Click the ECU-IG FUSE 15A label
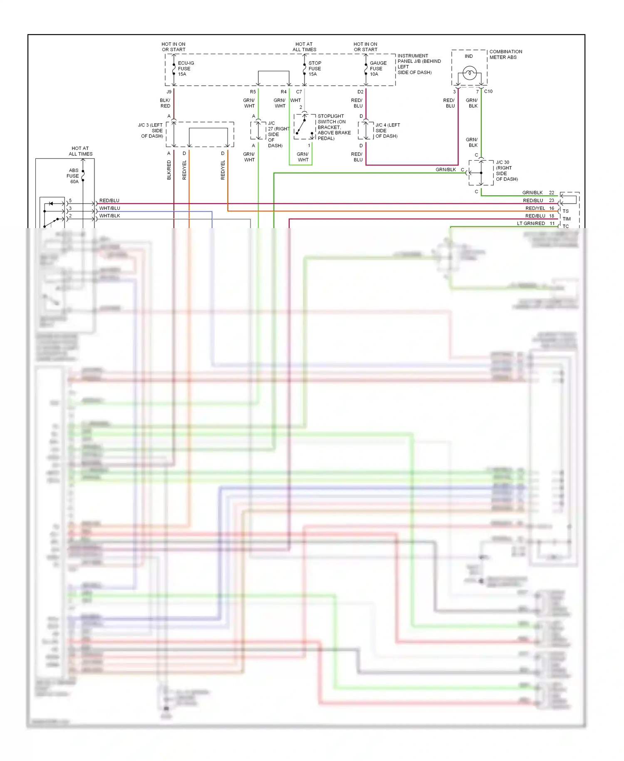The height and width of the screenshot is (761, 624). [x=185, y=69]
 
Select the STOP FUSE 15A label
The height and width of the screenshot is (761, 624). [x=314, y=69]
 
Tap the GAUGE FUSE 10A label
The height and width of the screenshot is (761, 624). [x=378, y=69]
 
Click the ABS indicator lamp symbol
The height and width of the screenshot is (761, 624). [x=469, y=73]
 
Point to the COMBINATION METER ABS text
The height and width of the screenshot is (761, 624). [x=505, y=55]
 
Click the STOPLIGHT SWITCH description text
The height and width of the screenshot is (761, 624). [x=334, y=127]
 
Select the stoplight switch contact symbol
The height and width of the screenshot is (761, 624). [x=304, y=127]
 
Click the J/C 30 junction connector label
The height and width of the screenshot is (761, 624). [x=506, y=171]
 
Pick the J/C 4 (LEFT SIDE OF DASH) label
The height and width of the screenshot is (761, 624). [x=387, y=130]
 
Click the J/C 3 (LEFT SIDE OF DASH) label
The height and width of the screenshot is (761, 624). [x=151, y=130]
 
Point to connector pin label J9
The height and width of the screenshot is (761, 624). [x=169, y=92]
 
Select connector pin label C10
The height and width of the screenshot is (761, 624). [x=488, y=91]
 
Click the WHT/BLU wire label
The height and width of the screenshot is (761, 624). [x=109, y=208]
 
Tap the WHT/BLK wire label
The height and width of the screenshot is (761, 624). [x=109, y=216]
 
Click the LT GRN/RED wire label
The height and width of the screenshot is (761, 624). [x=531, y=224]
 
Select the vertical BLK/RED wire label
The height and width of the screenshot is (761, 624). [x=169, y=170]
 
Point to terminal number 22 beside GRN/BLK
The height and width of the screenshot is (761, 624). [x=552, y=193]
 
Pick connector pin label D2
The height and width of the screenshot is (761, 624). [x=360, y=92]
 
